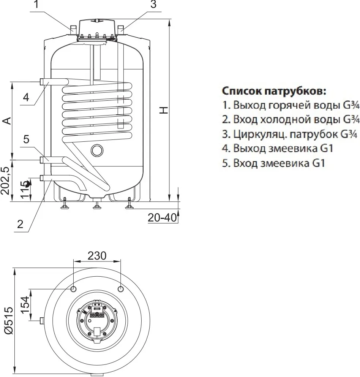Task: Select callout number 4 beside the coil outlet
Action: (25, 97)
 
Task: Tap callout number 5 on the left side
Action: (26, 139)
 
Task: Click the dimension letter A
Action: (6, 120)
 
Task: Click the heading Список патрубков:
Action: (274, 92)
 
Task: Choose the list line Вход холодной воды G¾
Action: (291, 119)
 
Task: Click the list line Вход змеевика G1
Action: (274, 163)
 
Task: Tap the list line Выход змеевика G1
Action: (278, 149)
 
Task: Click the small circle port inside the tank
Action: (97, 150)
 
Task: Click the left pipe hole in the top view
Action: (73, 289)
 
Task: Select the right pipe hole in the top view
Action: (121, 289)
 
